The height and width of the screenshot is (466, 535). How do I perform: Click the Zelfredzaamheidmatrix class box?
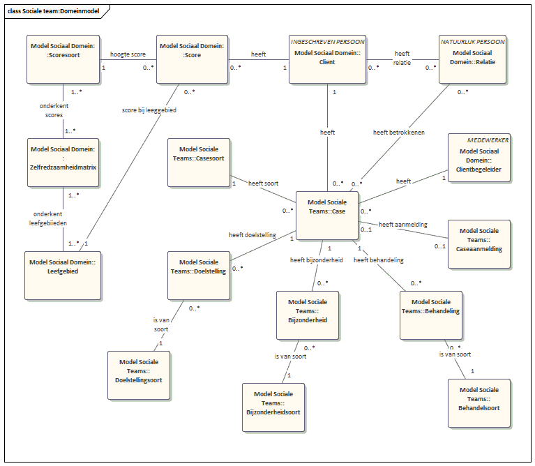pyautogui.click(x=63, y=163)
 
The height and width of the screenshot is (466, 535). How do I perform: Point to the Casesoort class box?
pyautogui.click(x=198, y=161)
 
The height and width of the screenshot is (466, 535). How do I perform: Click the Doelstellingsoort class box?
pyautogui.click(x=138, y=374)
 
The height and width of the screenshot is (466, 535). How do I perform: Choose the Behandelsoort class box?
pyautogui.click(x=478, y=403)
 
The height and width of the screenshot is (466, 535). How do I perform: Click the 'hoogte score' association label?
pyautogui.click(x=128, y=53)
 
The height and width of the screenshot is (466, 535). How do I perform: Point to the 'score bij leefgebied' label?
pyautogui.click(x=149, y=110)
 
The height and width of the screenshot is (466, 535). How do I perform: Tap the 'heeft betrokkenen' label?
pyautogui.click(x=400, y=132)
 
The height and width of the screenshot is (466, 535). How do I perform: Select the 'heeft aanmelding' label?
pyautogui.click(x=403, y=224)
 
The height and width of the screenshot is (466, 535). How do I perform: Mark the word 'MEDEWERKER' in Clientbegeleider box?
pyautogui.click(x=488, y=140)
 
